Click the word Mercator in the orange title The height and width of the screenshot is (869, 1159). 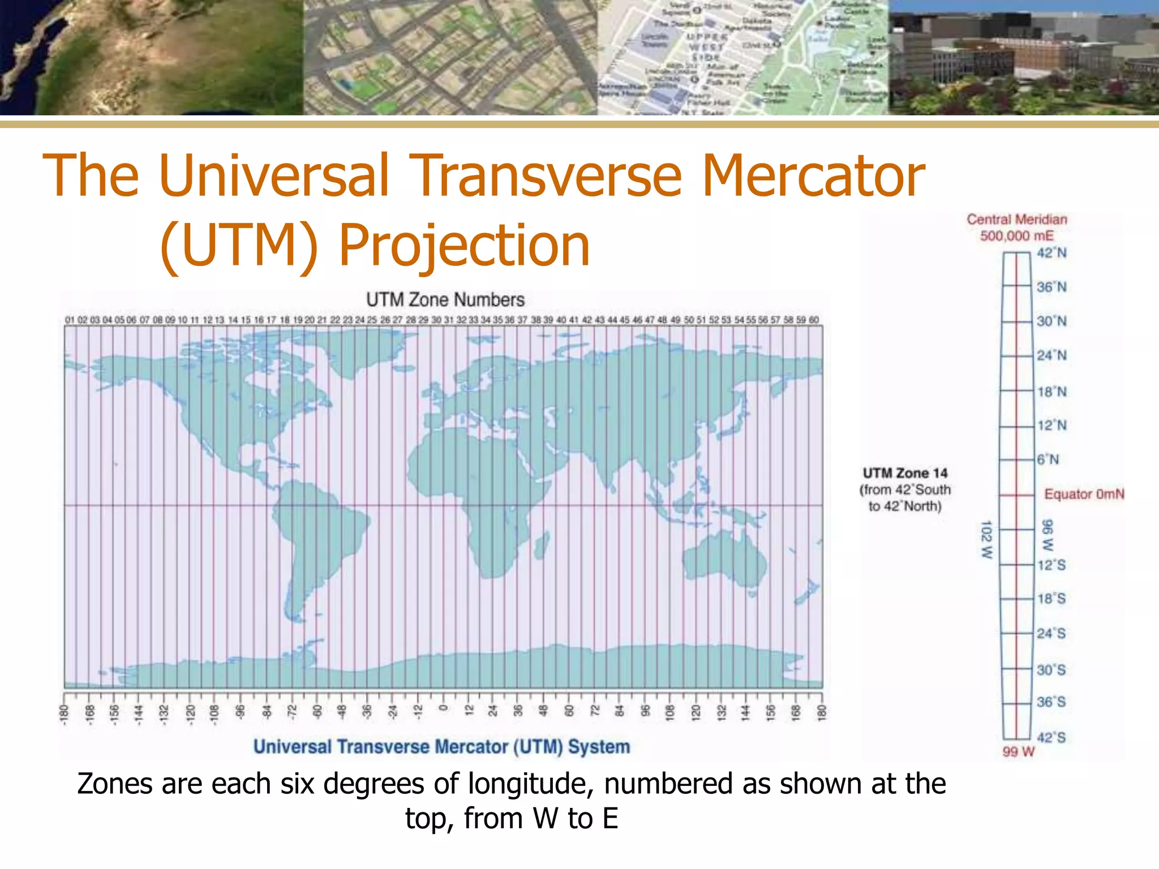(x=813, y=176)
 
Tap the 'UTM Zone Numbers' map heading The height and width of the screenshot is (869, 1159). (x=445, y=300)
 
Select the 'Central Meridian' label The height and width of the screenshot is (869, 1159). (x=1017, y=220)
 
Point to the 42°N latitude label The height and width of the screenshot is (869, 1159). (x=1051, y=253)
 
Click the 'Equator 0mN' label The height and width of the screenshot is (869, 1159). (x=1084, y=494)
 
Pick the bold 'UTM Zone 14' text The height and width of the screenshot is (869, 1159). (x=905, y=473)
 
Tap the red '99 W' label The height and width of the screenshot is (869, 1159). (x=1018, y=752)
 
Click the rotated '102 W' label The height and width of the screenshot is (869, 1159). (x=986, y=540)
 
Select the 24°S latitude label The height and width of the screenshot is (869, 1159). (x=1051, y=634)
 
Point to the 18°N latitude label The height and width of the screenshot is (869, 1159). (x=1051, y=392)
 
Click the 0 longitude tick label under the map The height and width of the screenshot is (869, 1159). (x=444, y=708)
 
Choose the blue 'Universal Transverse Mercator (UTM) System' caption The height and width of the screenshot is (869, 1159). (x=441, y=747)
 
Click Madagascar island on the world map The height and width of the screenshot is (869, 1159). (x=542, y=544)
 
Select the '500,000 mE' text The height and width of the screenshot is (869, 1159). (x=1017, y=236)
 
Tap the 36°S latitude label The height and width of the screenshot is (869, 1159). (x=1051, y=702)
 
